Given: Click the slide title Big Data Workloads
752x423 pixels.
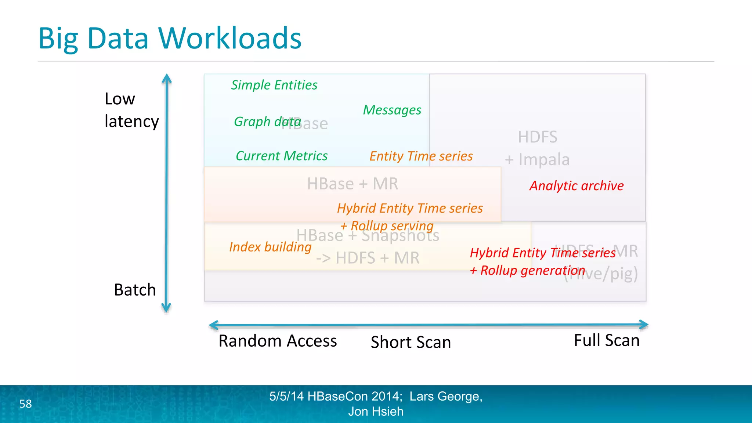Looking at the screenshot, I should [170, 38].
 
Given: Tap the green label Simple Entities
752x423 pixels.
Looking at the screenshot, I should [274, 85].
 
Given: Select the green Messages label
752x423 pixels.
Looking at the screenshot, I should [392, 110].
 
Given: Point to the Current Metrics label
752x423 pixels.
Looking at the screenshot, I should [281, 156].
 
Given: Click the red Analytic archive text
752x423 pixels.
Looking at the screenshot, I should [576, 186].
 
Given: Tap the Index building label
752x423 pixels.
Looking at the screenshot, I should [270, 247].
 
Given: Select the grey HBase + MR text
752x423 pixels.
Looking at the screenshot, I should [352, 184].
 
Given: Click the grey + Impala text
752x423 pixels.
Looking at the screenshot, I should [537, 160].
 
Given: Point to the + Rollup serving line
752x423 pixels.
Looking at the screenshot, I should [387, 226].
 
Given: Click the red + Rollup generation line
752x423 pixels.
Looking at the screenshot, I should [527, 271].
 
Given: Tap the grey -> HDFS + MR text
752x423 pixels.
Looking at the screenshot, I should [368, 258].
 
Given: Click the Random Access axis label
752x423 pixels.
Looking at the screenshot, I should [278, 341].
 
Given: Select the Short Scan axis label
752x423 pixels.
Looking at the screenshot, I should [411, 342].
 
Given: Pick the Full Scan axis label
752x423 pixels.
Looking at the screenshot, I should [607, 340].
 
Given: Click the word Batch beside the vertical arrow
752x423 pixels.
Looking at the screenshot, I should [135, 290].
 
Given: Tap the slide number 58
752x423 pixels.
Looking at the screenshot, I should [25, 404].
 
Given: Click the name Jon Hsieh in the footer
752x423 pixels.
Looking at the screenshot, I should [376, 412].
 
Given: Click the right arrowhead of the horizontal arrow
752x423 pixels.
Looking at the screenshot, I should [644, 325].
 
